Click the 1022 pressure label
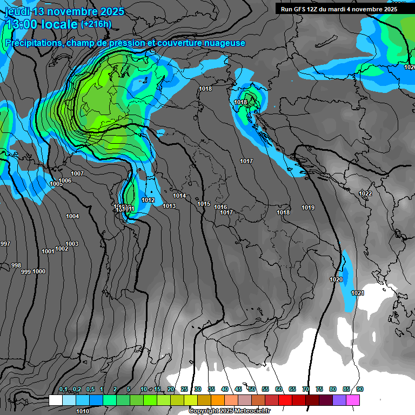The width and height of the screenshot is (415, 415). pyautogui.click(x=365, y=193)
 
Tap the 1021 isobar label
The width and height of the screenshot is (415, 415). pyautogui.click(x=358, y=293)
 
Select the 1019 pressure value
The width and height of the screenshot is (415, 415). pyautogui.click(x=308, y=207)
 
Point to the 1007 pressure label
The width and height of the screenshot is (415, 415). pyautogui.click(x=77, y=173)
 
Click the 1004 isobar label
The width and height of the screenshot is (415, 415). pyautogui.click(x=72, y=216)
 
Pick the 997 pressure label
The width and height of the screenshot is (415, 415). pyautogui.click(x=5, y=244)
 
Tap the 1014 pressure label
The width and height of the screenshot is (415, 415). pyautogui.click(x=180, y=196)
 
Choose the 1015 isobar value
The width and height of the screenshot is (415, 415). pyautogui.click(x=204, y=204)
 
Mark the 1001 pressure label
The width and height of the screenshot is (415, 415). pyautogui.click(x=48, y=251)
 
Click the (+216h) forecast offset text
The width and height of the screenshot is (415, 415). pyautogui.click(x=96, y=24)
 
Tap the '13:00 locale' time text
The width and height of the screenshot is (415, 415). pyautogui.click(x=42, y=24)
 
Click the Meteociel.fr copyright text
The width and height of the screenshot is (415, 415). pyautogui.click(x=230, y=411)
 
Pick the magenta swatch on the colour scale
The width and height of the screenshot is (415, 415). pyautogui.click(x=353, y=400)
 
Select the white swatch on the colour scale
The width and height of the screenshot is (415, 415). pyautogui.click(x=56, y=400)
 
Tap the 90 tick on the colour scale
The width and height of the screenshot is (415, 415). pyautogui.click(x=360, y=389)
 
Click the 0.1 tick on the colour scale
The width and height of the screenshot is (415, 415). pyautogui.click(x=63, y=389)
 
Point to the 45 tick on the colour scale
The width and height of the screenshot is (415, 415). pyautogui.click(x=238, y=389)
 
